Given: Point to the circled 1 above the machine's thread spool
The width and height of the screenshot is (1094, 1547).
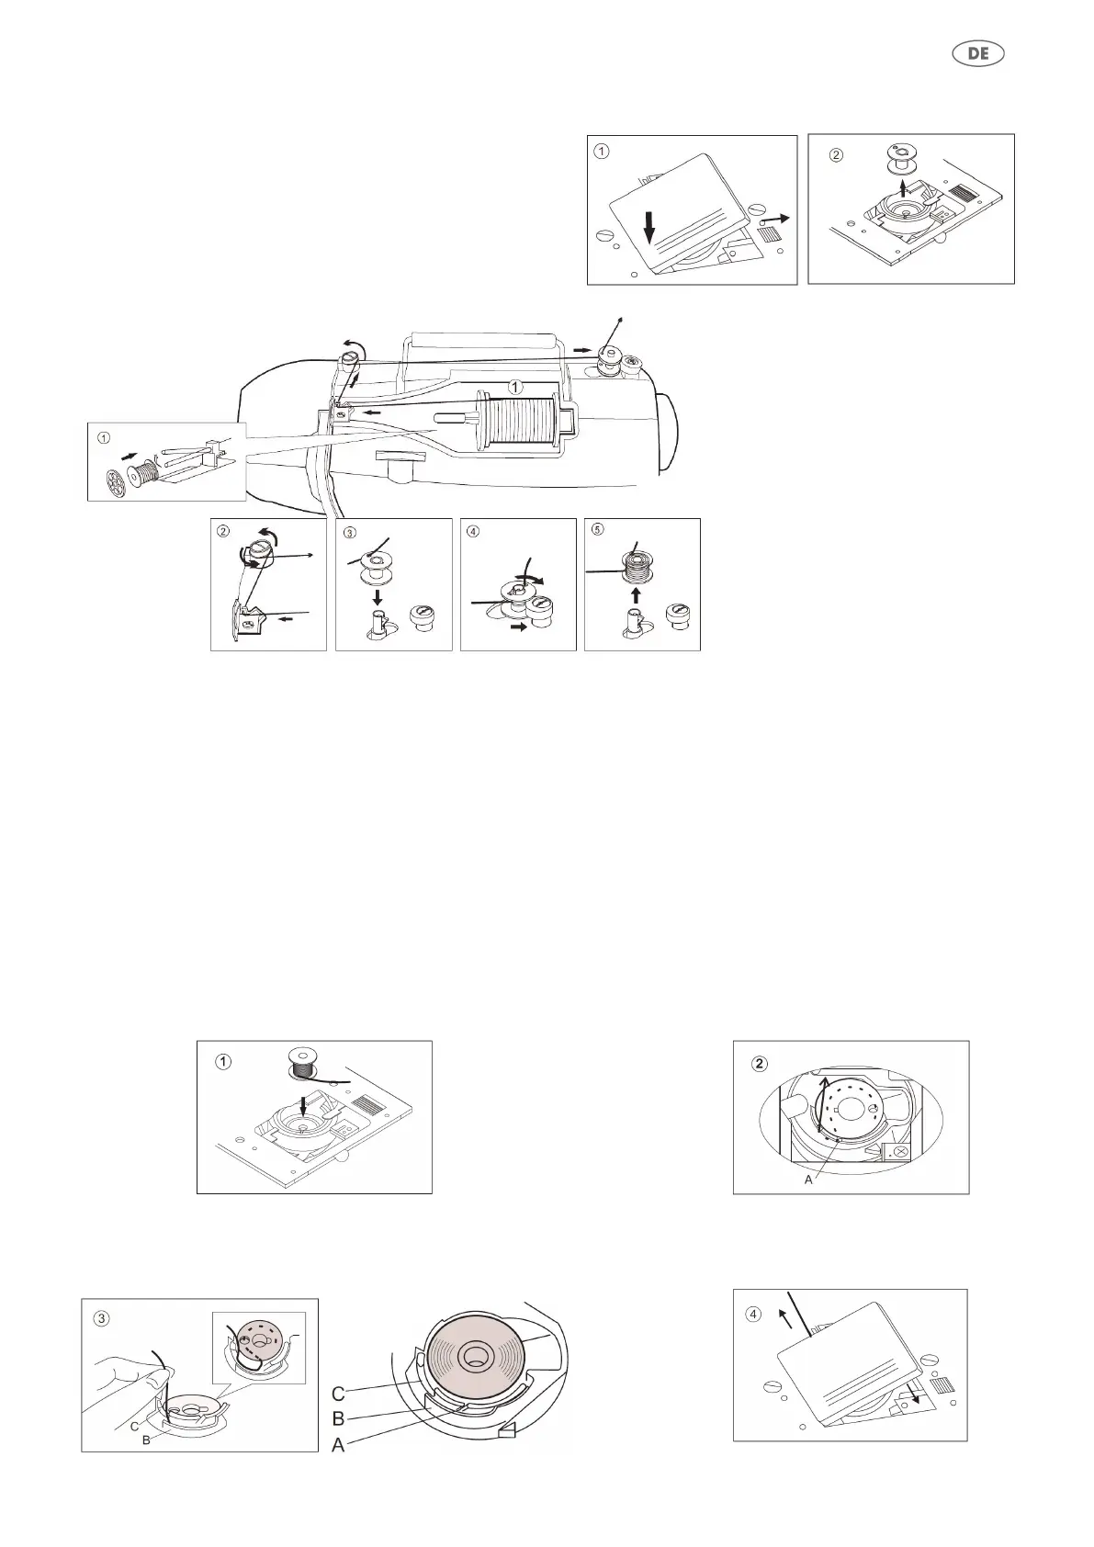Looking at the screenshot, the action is [516, 387].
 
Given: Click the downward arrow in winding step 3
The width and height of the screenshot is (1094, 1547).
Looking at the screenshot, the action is [378, 596].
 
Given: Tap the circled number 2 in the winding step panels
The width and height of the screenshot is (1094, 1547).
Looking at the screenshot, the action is [223, 531].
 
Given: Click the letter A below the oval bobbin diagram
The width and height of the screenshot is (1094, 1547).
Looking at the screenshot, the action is [808, 1180].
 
